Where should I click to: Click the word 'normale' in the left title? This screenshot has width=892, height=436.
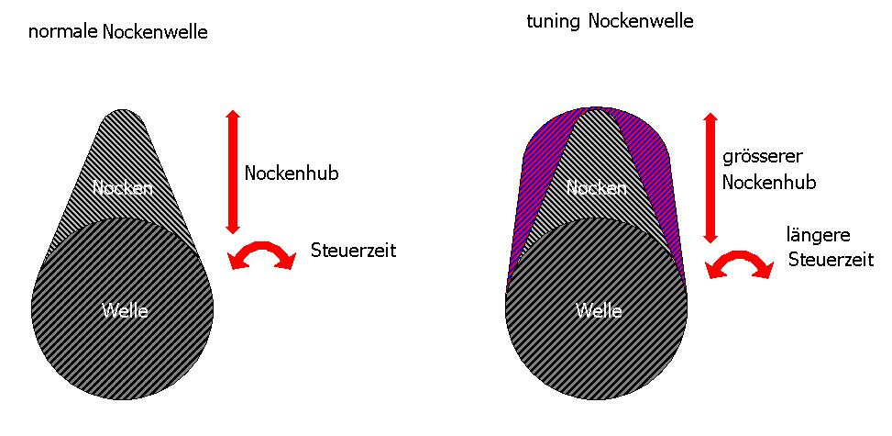point(63,32)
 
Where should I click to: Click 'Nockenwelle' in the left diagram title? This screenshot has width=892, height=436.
point(155,32)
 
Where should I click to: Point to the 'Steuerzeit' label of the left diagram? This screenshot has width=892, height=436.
point(353,250)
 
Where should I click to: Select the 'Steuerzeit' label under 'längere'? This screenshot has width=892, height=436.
point(830,260)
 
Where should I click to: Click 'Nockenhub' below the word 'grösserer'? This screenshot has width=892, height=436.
point(768,182)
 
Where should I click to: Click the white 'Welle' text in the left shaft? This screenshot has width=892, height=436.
point(125,310)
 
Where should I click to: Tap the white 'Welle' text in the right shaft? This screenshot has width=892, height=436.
point(599,310)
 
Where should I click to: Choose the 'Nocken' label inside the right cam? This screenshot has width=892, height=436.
point(597,188)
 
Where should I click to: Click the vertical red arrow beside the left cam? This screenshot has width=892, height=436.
point(232,172)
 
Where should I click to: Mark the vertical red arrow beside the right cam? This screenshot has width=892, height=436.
point(709,178)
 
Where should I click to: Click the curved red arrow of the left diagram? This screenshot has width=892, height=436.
point(262,254)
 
